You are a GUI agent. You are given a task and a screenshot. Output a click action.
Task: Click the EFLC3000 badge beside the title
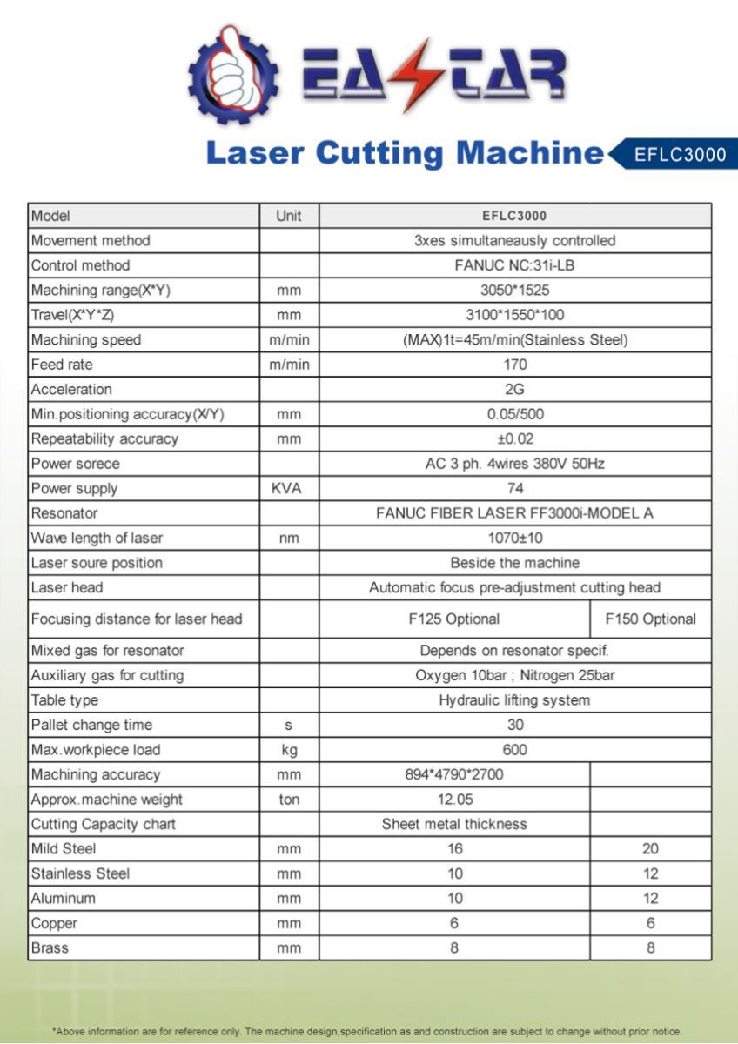pos(679,155)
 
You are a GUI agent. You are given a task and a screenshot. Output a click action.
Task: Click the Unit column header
pos(288,216)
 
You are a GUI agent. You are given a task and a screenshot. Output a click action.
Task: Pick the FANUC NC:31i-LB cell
pos(514,265)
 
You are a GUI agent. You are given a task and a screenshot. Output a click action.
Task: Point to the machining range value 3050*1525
pos(514,290)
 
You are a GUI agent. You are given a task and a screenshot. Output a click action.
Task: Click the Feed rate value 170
pos(514,365)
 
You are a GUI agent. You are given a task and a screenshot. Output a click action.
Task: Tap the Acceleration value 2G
pos(514,389)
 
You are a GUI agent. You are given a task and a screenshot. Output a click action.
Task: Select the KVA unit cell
pos(288,489)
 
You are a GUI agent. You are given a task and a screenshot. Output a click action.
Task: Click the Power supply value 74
pos(514,489)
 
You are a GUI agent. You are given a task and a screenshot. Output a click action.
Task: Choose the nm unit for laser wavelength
pos(288,539)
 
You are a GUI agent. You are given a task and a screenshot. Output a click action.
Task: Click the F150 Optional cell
pos(650,619)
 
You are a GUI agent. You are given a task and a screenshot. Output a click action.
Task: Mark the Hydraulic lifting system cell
pos(514,700)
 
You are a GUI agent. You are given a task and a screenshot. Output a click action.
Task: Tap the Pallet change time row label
pos(91,725)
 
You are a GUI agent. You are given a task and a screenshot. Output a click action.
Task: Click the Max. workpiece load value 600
pos(514,750)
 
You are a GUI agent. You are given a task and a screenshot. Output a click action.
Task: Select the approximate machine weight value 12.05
pos(454,800)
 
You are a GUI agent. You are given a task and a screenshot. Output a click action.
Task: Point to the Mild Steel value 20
pos(650,849)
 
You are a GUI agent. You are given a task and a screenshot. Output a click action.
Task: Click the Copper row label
pos(54,923)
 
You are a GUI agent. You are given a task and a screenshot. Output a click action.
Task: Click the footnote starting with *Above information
pos(368,1031)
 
